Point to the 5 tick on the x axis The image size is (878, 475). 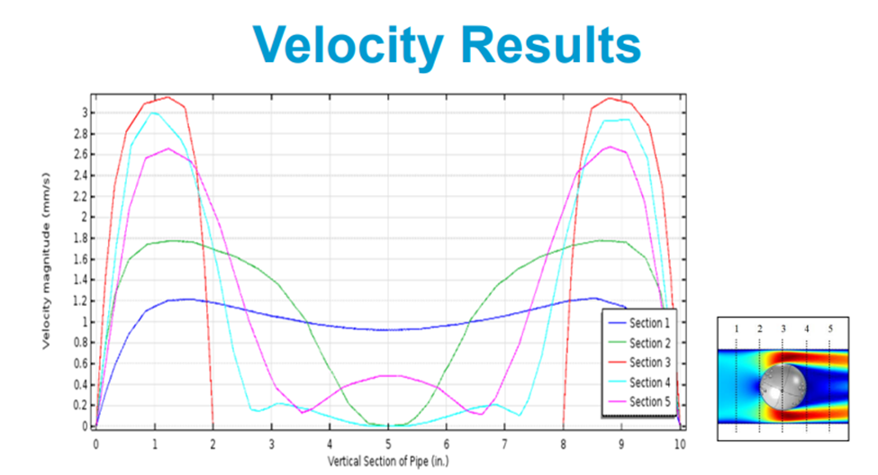388,444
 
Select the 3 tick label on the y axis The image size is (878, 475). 85,112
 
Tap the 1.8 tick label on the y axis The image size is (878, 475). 81,238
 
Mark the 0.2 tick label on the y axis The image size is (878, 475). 81,405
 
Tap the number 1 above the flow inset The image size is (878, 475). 737,329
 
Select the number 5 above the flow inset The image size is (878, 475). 829,329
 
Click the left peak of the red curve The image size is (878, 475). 166,97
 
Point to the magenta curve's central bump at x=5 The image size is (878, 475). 388,375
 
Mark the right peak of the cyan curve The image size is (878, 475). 621,120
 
